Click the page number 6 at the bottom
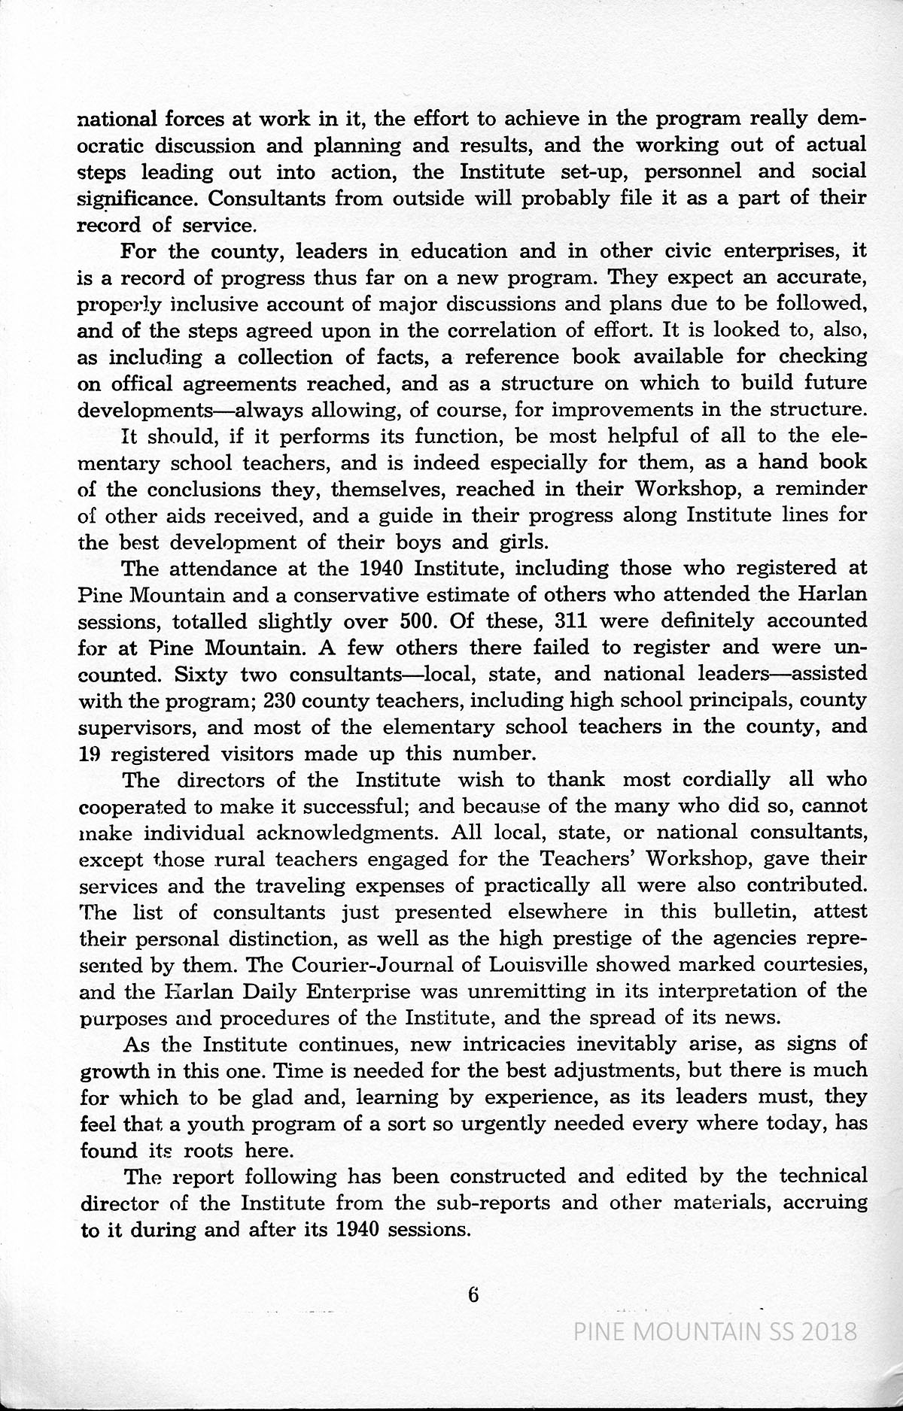point(473,1317)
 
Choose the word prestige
point(624,939)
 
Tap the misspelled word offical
point(141,384)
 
